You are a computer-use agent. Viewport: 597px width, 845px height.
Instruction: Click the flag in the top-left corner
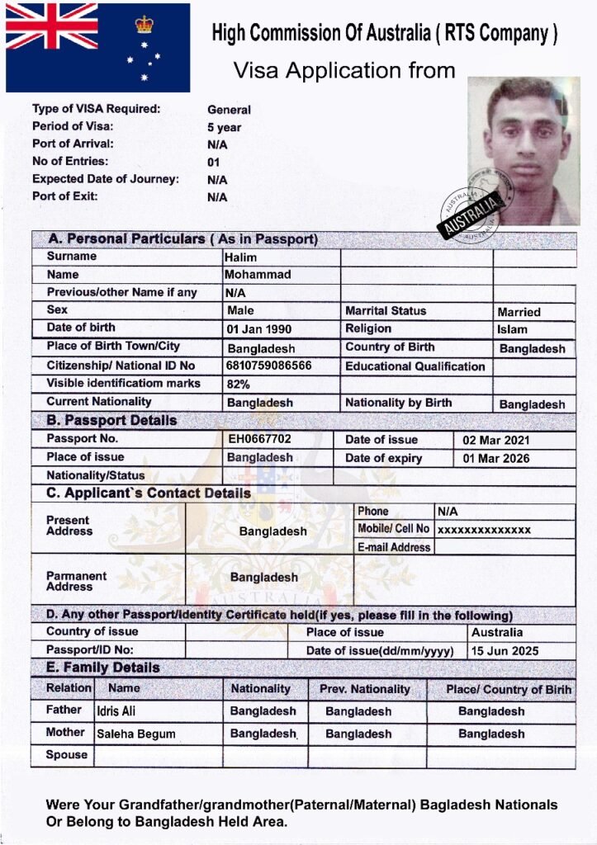[97, 47]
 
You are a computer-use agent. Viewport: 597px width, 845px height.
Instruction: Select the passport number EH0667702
[259, 439]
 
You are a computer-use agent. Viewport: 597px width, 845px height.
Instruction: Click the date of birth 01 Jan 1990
[259, 329]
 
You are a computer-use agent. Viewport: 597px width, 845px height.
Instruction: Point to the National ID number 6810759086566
[269, 366]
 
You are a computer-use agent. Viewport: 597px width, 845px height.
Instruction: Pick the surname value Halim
[241, 257]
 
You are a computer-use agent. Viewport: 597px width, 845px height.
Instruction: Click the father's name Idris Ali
[116, 711]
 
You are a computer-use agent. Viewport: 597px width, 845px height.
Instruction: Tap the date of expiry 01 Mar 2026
[496, 458]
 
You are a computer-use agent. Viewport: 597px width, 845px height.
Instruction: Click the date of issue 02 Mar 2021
[496, 440]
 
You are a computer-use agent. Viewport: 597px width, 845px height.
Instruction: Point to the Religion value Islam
[512, 330]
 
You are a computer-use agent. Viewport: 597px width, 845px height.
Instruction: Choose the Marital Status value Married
[519, 312]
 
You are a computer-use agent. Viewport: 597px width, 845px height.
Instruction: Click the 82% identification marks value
[238, 384]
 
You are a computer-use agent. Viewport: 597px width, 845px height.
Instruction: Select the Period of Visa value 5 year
[224, 128]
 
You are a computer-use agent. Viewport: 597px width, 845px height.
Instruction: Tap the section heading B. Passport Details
[111, 420]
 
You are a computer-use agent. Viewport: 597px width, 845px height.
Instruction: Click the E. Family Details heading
[103, 668]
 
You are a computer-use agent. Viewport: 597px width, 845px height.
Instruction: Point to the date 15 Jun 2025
[505, 651]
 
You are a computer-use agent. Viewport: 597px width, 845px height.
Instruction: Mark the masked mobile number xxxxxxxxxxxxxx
[484, 530]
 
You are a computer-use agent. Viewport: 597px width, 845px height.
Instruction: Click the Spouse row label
[67, 755]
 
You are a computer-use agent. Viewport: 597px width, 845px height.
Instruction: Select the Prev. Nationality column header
[364, 689]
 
